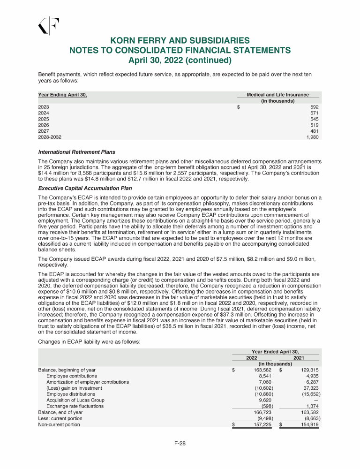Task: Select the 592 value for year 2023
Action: coord(315,107)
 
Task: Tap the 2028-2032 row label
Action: coord(49,137)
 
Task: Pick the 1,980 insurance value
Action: coord(312,137)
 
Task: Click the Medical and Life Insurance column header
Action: coord(278,95)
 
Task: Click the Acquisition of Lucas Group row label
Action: coord(75,400)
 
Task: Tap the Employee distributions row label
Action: coord(70,394)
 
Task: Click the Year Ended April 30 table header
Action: coord(276,351)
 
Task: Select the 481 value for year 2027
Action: coord(315,131)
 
